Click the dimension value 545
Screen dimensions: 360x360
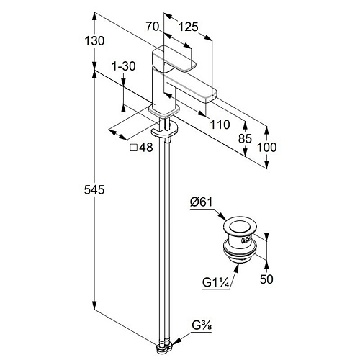pos(94,190)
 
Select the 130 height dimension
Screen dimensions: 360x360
pos(94,41)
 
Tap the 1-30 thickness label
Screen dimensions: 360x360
pos(124,66)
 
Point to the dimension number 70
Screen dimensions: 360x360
pos(153,27)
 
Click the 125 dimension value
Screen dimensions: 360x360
pos(189,27)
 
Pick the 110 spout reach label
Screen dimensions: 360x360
pos(220,125)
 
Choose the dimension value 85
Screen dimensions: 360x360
pos(245,138)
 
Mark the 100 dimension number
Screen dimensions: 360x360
pos(266,147)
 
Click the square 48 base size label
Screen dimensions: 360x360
pos(141,148)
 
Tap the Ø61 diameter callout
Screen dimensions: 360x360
pos(202,202)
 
